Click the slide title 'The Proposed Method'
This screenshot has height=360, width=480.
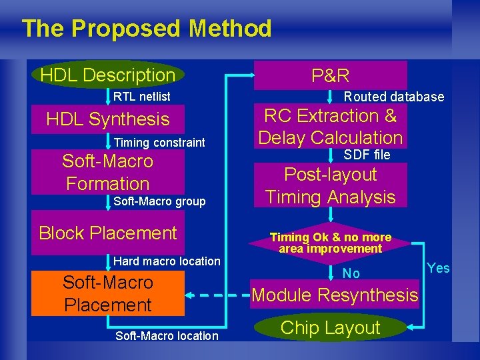coord(147,29)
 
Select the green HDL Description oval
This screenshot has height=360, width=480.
coord(107,75)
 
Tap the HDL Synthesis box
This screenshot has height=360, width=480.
coord(107,119)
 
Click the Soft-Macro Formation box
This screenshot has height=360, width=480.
coord(107,172)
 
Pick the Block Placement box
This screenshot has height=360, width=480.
coord(107,233)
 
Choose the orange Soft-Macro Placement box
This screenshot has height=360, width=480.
coord(107,293)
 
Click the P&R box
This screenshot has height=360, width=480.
coord(331,75)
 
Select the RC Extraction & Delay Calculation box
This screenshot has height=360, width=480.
coord(331,127)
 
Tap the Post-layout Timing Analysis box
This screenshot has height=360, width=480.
coord(331,186)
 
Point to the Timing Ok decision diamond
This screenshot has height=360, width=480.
coord(331,243)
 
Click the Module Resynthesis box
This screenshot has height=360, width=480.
coord(335,295)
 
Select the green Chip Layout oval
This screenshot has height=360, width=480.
coord(331,327)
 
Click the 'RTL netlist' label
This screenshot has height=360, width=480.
coord(141,97)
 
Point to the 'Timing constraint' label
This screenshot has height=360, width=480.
coord(159,143)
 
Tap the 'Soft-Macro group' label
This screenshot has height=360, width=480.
coord(159,201)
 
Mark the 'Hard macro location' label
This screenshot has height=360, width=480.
coord(167,261)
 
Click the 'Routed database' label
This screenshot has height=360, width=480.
coord(393,97)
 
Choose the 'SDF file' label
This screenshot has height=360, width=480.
coord(367,155)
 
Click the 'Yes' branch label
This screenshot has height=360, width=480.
coord(438,268)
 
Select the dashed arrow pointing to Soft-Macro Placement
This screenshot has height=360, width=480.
coord(217,295)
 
